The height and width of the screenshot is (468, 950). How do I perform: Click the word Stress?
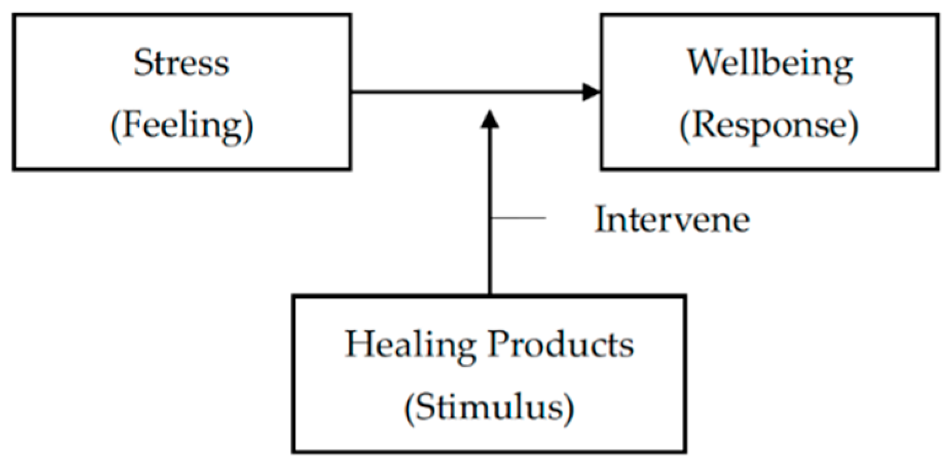point(181,63)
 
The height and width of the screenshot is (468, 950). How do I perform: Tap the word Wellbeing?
point(769,63)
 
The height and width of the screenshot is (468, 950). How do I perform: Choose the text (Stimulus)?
point(489,408)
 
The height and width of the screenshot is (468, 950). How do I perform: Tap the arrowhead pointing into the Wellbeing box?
point(591,93)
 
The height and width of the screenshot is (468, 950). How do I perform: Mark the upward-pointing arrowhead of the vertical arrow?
point(489,119)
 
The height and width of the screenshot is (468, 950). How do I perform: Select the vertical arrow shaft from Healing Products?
point(489,258)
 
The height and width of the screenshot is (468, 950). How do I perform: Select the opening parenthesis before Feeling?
point(115,128)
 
